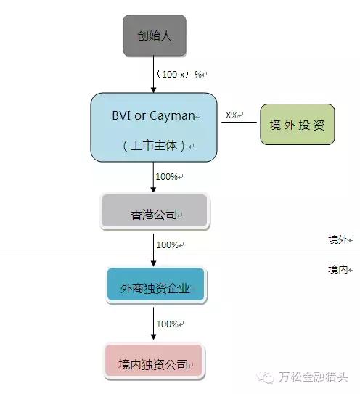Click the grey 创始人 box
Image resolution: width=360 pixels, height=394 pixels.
click(x=155, y=36)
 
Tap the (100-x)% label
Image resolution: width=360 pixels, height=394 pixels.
click(x=179, y=75)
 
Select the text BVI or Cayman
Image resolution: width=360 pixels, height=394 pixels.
click(x=153, y=115)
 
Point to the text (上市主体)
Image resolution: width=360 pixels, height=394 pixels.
click(x=154, y=146)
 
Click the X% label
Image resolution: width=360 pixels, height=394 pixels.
click(x=232, y=115)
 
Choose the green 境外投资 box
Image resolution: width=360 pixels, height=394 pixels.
click(x=298, y=125)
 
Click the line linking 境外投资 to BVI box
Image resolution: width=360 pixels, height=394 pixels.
click(x=239, y=123)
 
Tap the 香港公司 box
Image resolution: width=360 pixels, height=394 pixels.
click(x=155, y=211)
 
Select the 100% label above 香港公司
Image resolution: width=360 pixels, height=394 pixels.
click(x=167, y=176)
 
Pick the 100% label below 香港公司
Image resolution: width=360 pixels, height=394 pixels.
click(x=168, y=245)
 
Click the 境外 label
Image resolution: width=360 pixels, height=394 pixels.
click(x=338, y=239)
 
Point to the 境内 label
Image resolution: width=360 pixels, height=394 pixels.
click(x=338, y=269)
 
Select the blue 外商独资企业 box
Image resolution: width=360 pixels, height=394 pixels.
click(x=156, y=285)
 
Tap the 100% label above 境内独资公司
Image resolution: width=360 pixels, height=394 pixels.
click(x=168, y=324)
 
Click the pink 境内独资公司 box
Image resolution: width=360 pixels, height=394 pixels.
click(x=155, y=361)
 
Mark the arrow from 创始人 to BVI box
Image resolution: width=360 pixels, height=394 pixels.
click(x=153, y=75)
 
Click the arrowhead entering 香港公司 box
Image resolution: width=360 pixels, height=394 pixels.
click(x=153, y=189)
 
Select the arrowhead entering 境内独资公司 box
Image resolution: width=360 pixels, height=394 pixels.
click(x=153, y=337)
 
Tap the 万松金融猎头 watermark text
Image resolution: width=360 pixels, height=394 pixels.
click(x=313, y=377)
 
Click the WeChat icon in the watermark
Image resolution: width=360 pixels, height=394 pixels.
click(x=266, y=377)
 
